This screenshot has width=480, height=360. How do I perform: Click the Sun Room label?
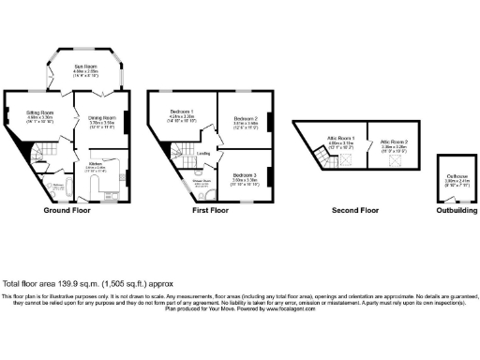click(85, 67)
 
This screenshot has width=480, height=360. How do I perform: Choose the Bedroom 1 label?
click(182, 116)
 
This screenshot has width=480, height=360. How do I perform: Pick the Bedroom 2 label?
click(243, 120)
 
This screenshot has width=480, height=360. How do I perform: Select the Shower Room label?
click(199, 185)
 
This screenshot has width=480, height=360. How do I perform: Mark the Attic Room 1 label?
click(339, 142)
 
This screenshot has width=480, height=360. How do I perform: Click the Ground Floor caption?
click(66, 211)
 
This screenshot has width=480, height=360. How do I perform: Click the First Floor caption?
click(212, 211)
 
